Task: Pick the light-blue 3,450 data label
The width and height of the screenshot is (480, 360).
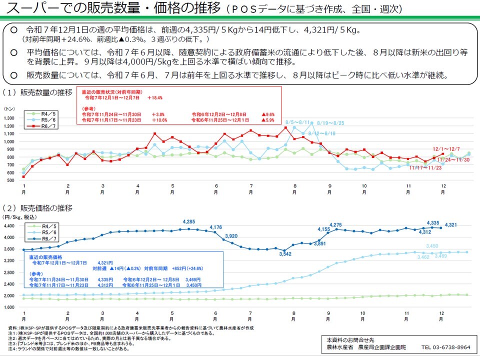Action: (432, 246)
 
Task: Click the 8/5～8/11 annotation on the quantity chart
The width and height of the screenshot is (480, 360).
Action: (297, 122)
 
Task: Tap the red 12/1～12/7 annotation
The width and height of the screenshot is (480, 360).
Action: (446, 149)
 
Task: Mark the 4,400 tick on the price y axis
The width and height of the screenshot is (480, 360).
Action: (10, 226)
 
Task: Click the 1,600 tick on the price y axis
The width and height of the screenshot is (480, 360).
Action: (10, 307)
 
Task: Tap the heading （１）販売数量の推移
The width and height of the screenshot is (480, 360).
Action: (37, 92)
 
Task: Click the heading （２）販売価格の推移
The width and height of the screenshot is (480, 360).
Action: (37, 208)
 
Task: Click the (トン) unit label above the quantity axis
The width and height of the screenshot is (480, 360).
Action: (9, 108)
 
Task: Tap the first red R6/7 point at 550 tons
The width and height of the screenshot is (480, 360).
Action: (24, 176)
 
